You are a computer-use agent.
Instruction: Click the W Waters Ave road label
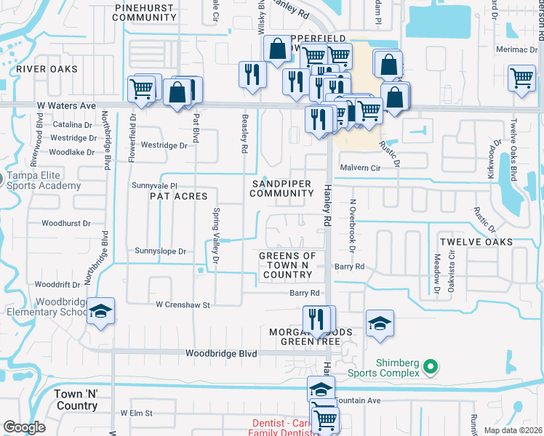(68, 106)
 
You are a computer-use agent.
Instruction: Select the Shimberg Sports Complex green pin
(431, 368)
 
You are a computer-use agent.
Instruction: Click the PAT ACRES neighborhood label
(178, 196)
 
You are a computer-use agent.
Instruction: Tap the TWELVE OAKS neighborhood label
(476, 241)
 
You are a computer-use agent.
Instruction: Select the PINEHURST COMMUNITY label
(145, 12)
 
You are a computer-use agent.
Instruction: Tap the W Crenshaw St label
(180, 305)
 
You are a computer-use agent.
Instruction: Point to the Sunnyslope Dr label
(160, 251)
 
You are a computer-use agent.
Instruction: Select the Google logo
(24, 427)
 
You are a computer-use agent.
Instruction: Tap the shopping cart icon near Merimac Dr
(521, 78)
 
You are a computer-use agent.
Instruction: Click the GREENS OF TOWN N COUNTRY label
(288, 265)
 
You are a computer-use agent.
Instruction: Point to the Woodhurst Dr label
(66, 224)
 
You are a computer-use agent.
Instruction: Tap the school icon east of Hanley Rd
(379, 323)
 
